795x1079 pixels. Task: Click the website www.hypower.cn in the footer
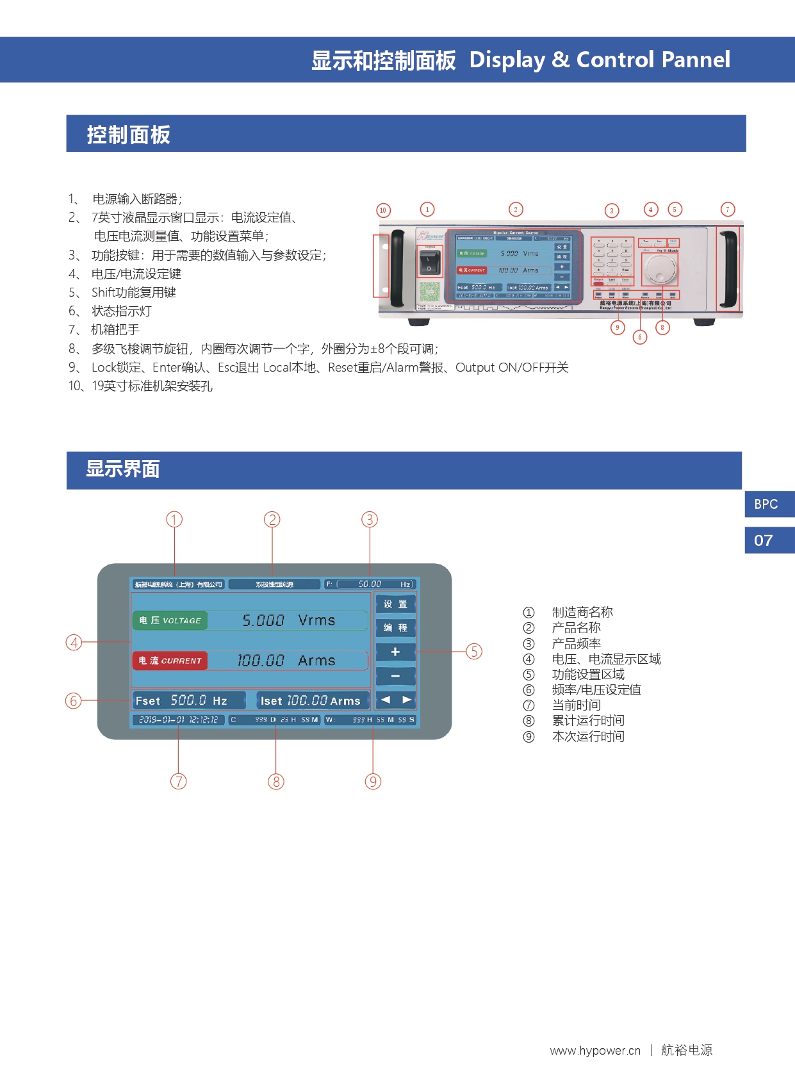click(595, 1050)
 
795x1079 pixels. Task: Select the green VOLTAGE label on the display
click(170, 620)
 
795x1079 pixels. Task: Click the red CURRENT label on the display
click(170, 661)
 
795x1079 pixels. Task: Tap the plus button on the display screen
click(395, 652)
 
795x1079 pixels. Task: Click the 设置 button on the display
click(395, 604)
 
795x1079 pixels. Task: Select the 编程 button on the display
click(395, 628)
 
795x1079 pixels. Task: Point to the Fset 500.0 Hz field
click(188, 700)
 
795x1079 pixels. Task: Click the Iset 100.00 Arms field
click(312, 700)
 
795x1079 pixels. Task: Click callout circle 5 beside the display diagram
click(473, 652)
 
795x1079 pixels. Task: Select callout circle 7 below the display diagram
click(179, 781)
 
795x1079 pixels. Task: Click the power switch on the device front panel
click(429, 261)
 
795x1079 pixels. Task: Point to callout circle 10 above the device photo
click(383, 210)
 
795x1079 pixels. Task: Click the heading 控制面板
click(129, 135)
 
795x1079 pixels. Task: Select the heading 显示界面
click(123, 469)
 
